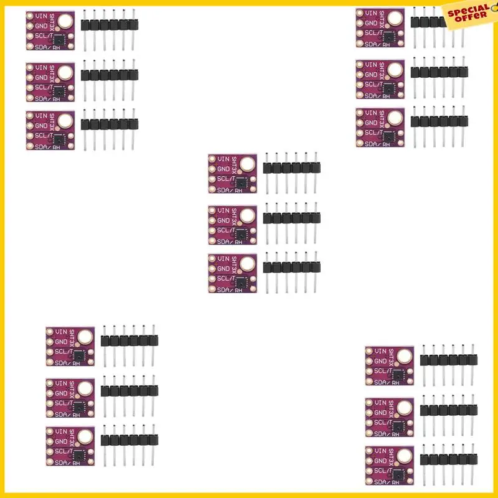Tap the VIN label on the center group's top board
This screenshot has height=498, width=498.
point(222,160)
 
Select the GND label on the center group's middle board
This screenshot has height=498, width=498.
point(223,220)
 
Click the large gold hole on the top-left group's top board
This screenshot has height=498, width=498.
point(66,24)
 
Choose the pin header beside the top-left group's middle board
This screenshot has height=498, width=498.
point(110,75)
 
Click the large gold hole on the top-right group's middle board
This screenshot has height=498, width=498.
point(395,71)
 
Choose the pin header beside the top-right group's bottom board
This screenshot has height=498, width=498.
point(439,121)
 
